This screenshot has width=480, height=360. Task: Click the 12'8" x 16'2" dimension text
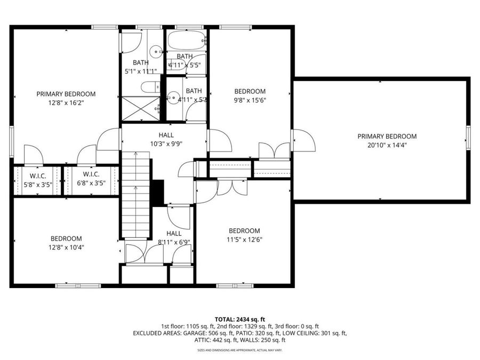(66, 104)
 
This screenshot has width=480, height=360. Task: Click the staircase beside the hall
(134, 195)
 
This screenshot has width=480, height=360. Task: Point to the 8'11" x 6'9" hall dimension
(173, 243)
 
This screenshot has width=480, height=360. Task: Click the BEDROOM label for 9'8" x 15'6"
(250, 91)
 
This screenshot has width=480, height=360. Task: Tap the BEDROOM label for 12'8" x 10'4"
(66, 238)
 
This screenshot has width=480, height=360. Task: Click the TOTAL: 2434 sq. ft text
(239, 318)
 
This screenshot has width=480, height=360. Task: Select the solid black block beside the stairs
(157, 193)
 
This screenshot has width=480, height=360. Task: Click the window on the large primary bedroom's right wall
(469, 138)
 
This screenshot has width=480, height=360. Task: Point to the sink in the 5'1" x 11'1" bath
(155, 52)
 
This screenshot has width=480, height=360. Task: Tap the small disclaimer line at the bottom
(239, 350)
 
